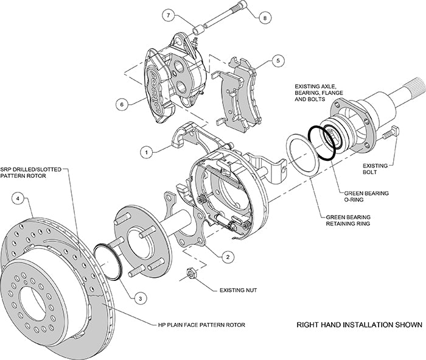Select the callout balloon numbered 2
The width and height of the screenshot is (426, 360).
click(227, 257)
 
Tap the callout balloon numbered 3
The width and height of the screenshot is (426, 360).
click(140, 298)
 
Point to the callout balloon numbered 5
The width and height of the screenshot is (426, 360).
click(278, 61)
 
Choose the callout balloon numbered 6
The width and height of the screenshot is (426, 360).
click(122, 104)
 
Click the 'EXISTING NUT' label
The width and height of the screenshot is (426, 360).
click(239, 291)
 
